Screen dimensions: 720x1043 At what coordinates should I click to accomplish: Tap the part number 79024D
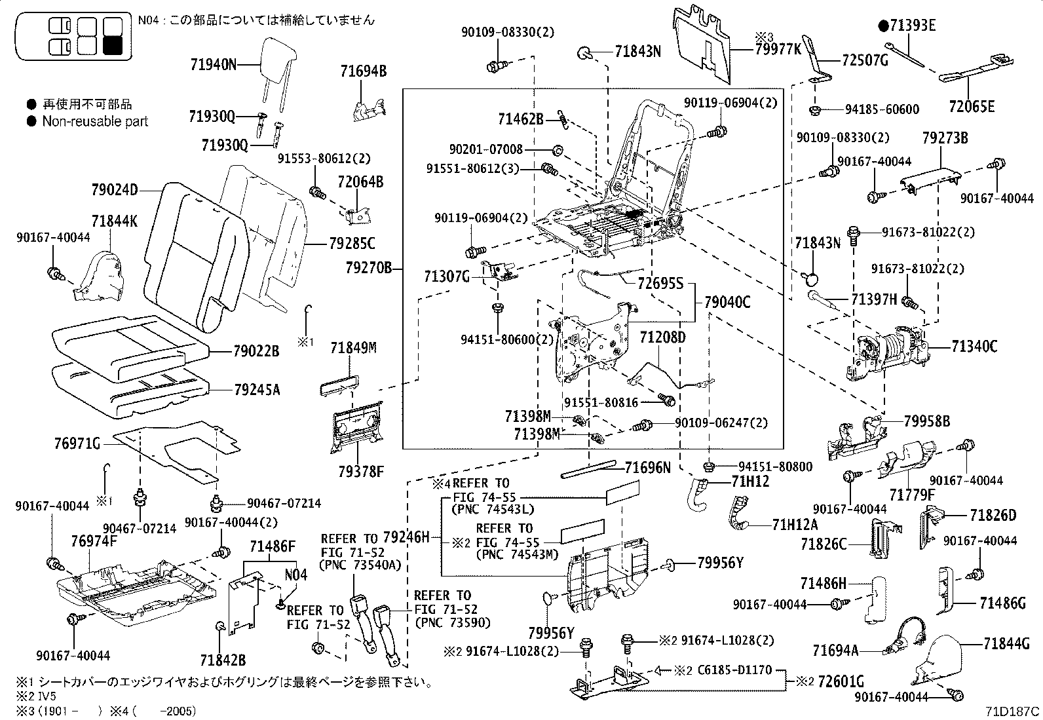(115, 191)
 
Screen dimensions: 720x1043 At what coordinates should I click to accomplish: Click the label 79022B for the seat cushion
(256, 352)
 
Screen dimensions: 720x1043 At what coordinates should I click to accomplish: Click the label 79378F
(360, 470)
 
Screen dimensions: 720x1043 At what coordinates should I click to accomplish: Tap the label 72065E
(972, 107)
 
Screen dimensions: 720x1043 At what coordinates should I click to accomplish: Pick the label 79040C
(727, 303)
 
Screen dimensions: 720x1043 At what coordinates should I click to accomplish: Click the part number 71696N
(647, 467)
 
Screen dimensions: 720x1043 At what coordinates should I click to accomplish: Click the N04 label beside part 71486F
(295, 575)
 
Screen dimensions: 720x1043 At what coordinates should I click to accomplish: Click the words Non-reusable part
(95, 121)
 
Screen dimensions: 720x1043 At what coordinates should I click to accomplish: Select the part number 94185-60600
(882, 109)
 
